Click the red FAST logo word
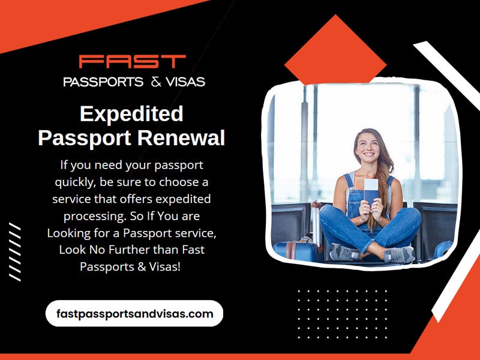point(133,61)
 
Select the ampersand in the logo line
point(156,82)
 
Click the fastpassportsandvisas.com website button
point(134,313)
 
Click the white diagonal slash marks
point(14,252)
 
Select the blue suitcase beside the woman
point(295,248)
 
